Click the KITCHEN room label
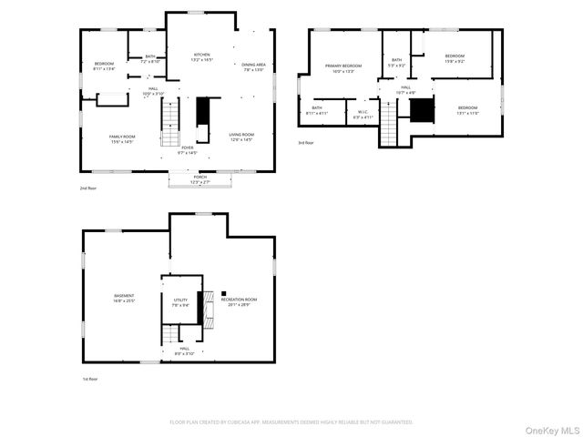tap(201, 56)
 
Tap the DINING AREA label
tap(254, 66)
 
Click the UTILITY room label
tap(180, 302)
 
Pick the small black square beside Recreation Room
tap(223, 293)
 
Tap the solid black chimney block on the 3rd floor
tap(420, 110)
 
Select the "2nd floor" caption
tap(88, 188)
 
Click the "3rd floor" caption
tap(306, 143)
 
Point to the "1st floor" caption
tap(88, 379)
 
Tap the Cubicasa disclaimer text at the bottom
tap(291, 422)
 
